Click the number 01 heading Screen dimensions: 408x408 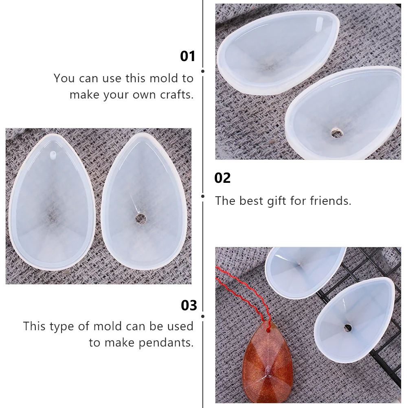[x=188, y=56]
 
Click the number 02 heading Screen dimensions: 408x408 [x=222, y=178]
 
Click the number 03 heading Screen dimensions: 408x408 [x=189, y=305]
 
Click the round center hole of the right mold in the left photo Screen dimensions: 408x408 [x=141, y=219]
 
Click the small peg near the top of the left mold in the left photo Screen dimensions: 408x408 [x=52, y=154]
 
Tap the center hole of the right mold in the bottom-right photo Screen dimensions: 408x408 [x=347, y=327]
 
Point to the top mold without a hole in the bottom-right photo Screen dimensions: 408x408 [x=303, y=271]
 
